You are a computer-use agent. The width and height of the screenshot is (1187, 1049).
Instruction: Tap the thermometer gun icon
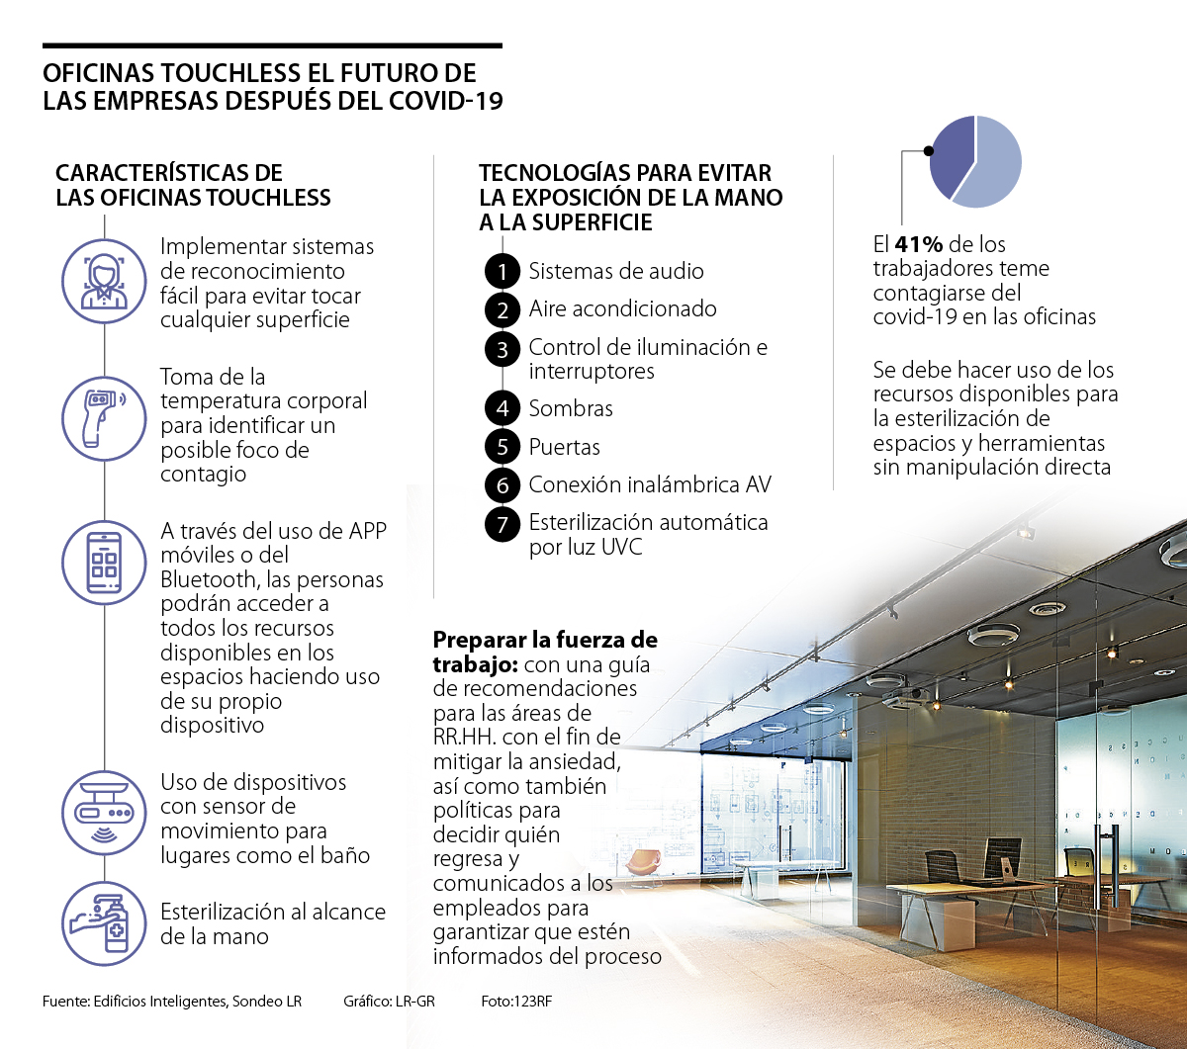pos(104,417)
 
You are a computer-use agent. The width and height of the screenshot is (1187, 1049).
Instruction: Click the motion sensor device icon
pos(104,813)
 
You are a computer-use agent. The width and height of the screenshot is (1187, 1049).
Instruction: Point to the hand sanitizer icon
pos(104,923)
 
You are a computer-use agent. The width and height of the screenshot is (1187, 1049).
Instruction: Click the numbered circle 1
pos(502,272)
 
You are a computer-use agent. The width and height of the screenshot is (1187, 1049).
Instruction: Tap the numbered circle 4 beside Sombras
pos(502,409)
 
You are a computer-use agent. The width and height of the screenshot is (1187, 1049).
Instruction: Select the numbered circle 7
pos(502,524)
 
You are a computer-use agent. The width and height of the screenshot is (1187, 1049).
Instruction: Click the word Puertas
pos(564,447)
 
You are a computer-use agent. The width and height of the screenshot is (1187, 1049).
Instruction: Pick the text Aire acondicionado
pos(622,308)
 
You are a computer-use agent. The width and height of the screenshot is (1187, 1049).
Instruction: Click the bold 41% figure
pos(920,244)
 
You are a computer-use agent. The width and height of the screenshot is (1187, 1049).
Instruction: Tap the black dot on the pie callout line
pos(928,151)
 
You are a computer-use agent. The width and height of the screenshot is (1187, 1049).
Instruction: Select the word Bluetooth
pos(212,579)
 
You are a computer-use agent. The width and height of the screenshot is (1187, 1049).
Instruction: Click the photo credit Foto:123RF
pos(516,1002)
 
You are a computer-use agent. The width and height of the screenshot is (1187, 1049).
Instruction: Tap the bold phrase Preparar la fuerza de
pos(545,639)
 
